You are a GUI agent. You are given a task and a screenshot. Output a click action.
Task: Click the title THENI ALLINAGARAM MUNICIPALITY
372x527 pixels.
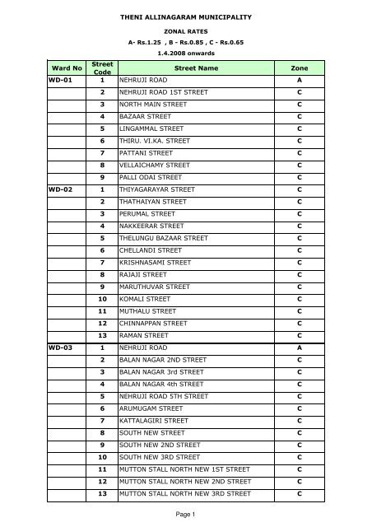coord(185,16)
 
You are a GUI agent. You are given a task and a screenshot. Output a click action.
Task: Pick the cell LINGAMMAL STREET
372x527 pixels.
coord(155,130)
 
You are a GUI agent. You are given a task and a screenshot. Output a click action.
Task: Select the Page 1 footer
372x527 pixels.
coord(185,515)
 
